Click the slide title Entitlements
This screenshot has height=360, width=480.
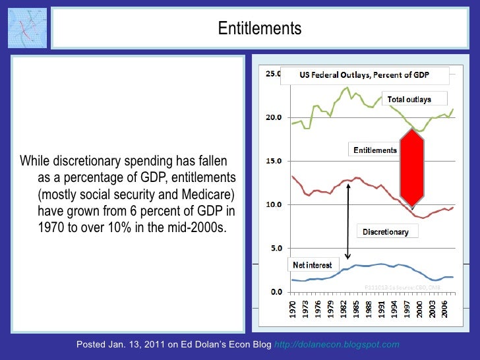[259, 28]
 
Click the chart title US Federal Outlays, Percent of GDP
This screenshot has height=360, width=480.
[364, 75]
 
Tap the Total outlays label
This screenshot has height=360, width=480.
[409, 100]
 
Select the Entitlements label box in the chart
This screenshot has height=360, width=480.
[375, 150]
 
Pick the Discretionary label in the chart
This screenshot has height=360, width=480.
[386, 231]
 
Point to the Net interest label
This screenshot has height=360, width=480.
[312, 265]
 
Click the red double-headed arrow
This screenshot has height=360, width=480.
[411, 167]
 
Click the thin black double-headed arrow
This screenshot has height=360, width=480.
[348, 221]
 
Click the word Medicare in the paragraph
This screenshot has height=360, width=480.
[203, 195]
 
